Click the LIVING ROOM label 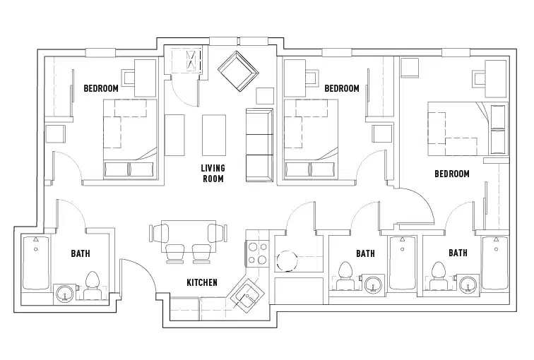212,174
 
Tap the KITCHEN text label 201,282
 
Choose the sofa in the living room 259,145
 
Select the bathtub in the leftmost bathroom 35,264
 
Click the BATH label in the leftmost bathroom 80,253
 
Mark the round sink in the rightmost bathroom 466,284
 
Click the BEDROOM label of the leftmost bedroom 101,89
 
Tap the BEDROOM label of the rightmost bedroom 452,174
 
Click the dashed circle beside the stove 288,261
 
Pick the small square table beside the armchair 264,95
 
